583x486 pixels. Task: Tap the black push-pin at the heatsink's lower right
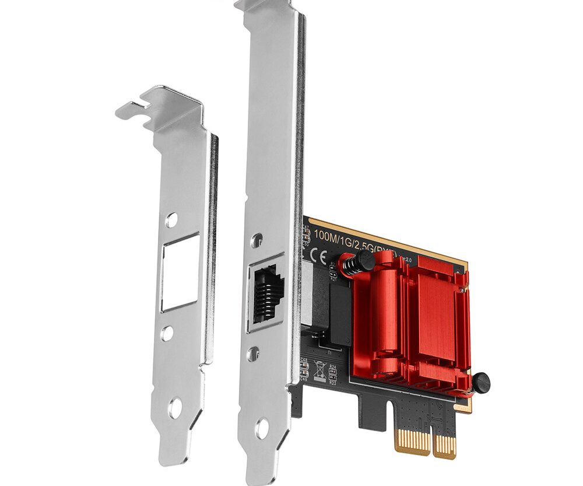[x=480, y=383]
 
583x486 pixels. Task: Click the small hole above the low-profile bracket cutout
[x=171, y=219]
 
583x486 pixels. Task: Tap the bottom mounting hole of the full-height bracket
[x=261, y=429]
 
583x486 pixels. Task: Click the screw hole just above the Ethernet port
[x=256, y=239]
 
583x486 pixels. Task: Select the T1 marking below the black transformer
[x=329, y=352]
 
